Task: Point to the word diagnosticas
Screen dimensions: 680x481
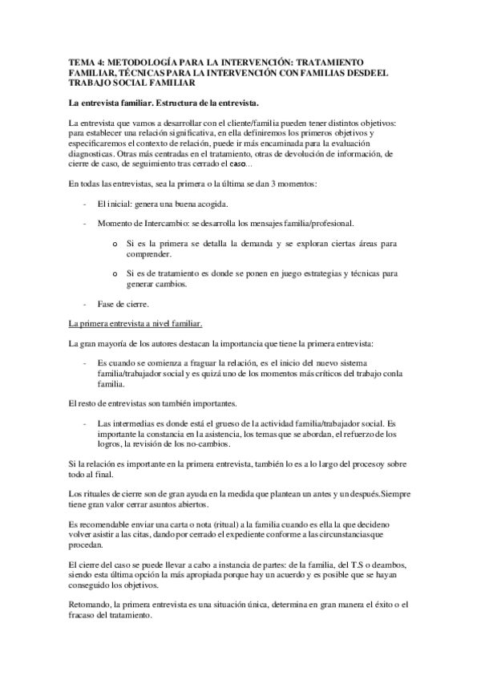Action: (x=92, y=153)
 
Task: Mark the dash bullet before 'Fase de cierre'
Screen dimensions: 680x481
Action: (x=85, y=305)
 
